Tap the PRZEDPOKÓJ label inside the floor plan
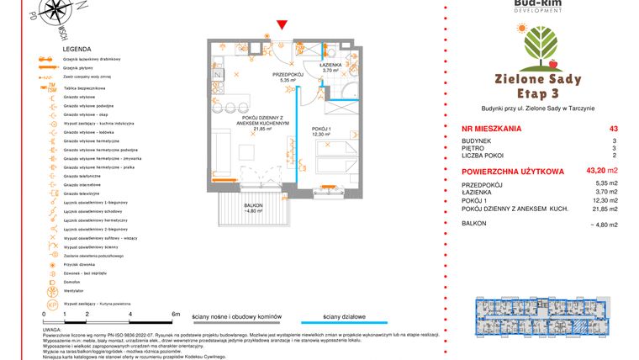click(287, 74)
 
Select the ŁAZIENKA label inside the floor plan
click(330, 65)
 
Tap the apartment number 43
click(625, 129)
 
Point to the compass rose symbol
click(60, 13)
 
